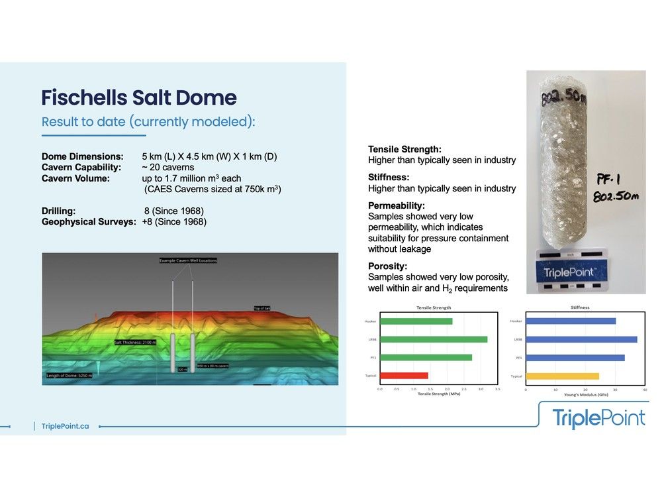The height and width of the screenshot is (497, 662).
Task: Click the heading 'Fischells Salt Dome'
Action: point(139,98)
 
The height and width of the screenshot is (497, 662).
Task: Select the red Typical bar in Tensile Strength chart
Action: point(404,376)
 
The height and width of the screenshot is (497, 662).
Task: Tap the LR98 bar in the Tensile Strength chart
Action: point(434,339)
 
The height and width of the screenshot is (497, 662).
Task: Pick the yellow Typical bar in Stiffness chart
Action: point(562,376)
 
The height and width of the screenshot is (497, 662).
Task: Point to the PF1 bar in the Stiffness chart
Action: point(575,358)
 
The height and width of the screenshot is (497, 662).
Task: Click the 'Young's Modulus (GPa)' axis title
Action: point(585,395)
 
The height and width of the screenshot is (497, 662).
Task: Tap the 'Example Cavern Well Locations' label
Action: point(188,260)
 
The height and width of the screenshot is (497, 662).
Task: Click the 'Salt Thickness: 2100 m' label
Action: point(135,343)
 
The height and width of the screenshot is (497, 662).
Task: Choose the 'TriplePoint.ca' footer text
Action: point(65,426)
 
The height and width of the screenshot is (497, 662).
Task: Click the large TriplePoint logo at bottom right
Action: point(598,418)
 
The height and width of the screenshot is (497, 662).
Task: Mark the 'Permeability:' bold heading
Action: point(395,206)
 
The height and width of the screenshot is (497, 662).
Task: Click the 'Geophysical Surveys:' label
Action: point(88,222)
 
